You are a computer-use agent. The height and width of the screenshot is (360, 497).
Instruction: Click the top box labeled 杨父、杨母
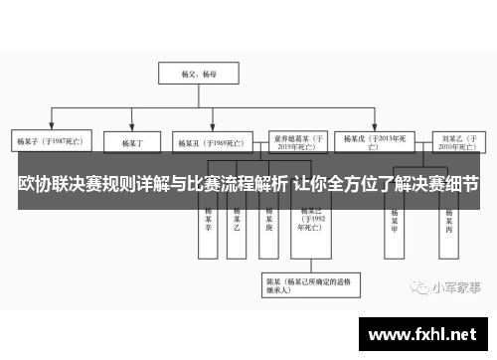190,73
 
